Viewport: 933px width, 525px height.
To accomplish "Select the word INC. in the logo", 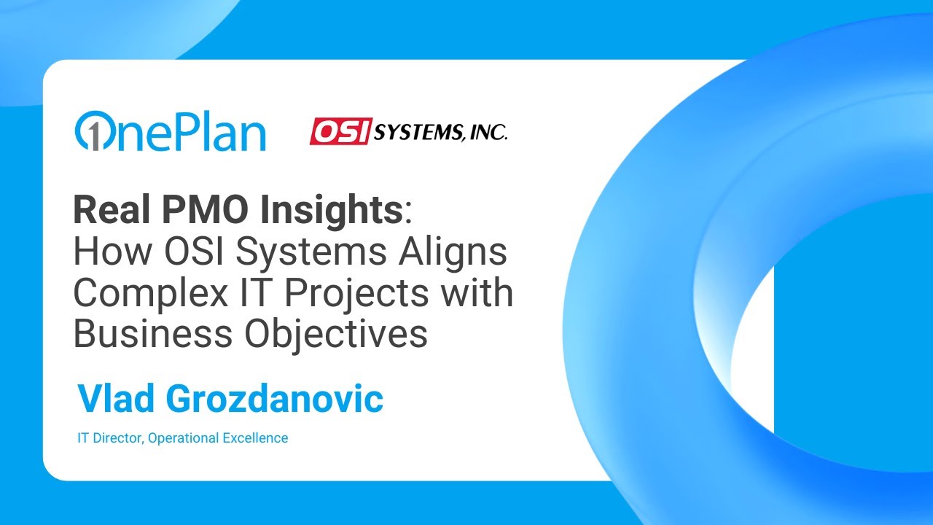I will [486, 132].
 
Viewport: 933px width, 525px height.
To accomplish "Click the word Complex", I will [138, 293].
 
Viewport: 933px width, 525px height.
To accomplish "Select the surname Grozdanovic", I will [276, 399].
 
